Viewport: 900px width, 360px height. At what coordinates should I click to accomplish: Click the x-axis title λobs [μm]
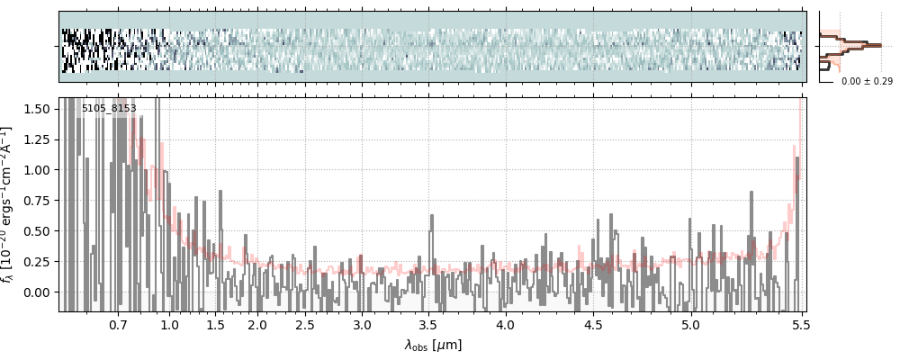point(433,344)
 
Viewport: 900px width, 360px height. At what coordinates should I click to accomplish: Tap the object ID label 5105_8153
point(109,109)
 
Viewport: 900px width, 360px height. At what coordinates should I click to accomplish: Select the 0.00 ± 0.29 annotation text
point(867,81)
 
